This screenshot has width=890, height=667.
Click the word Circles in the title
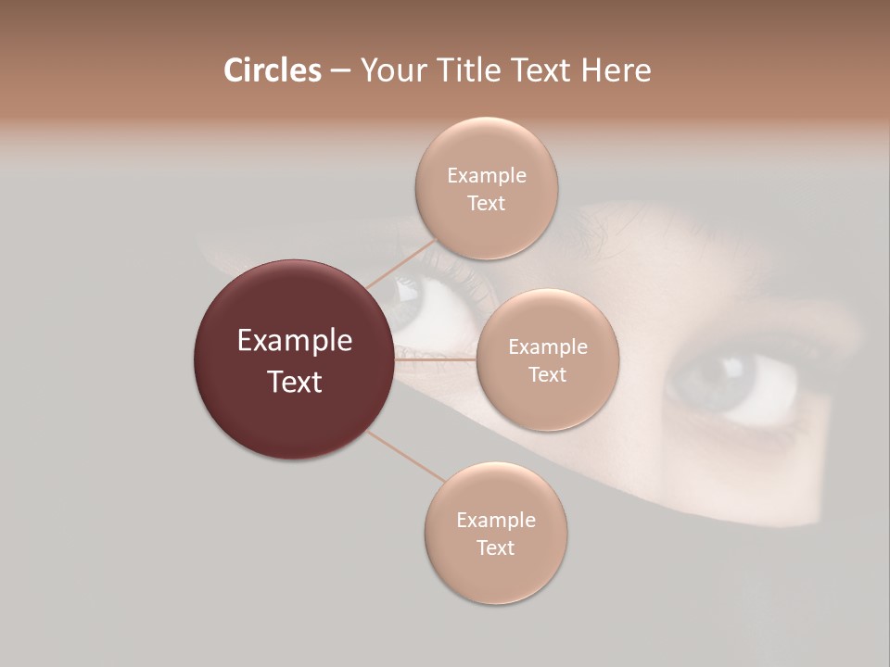(x=272, y=70)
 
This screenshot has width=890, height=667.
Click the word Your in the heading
(x=391, y=70)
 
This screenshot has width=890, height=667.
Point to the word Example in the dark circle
(x=294, y=341)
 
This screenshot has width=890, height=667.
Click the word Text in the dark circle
(x=294, y=382)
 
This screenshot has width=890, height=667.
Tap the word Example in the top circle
(x=486, y=175)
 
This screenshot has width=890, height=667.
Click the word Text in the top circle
(x=486, y=203)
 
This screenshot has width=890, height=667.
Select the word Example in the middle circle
(x=547, y=346)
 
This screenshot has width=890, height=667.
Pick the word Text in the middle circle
(x=547, y=374)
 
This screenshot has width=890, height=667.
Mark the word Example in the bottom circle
(x=495, y=520)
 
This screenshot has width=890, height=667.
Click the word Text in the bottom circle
(x=495, y=547)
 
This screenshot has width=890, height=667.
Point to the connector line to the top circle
(x=400, y=263)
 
